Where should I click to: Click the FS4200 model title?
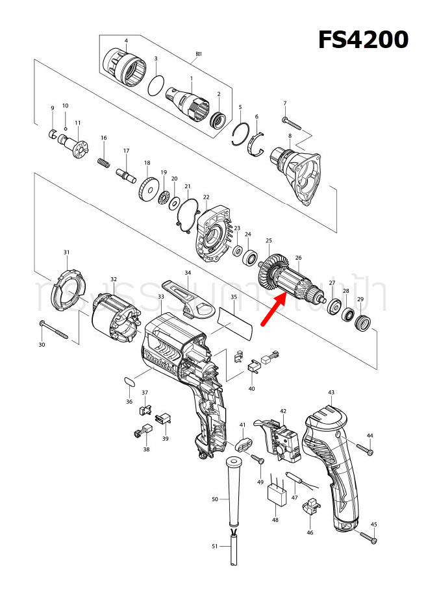coord(362,40)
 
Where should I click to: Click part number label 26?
coord(298,258)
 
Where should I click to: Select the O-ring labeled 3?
coord(156,85)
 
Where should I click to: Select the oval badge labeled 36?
coord(130,380)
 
